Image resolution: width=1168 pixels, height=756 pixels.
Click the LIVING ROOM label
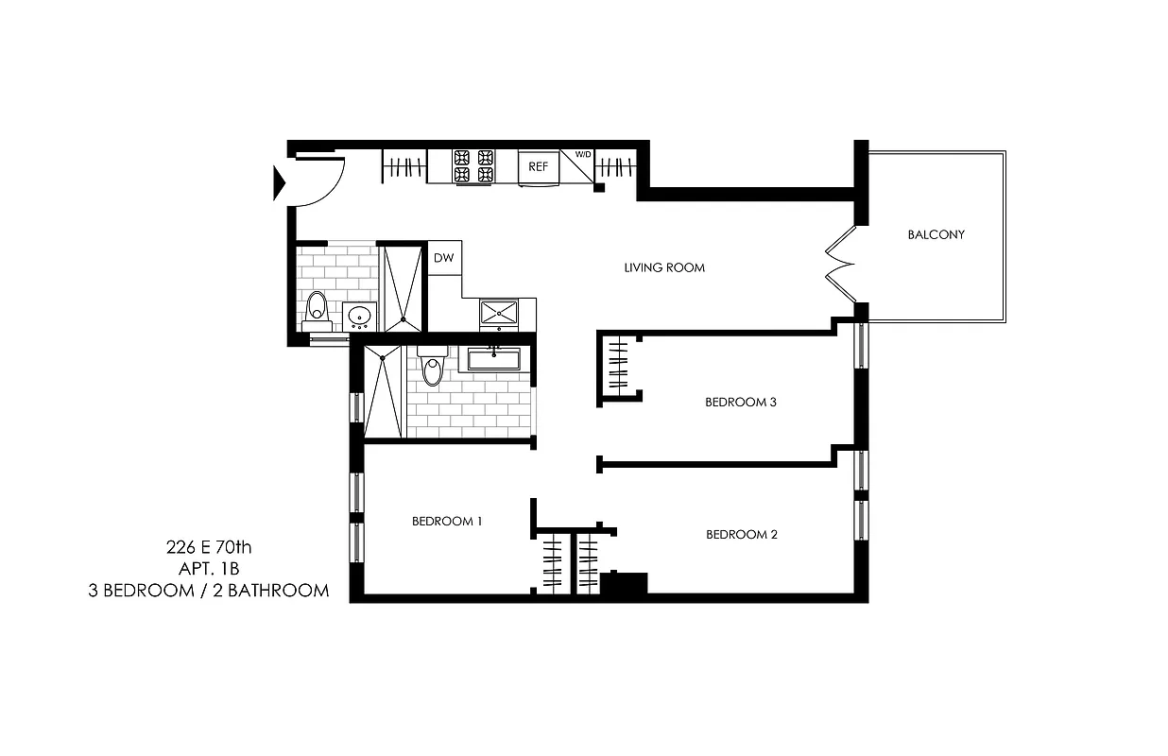(664, 267)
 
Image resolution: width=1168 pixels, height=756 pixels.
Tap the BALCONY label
(936, 234)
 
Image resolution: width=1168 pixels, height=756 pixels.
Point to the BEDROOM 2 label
(742, 534)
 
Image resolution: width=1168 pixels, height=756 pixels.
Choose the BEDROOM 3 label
(741, 402)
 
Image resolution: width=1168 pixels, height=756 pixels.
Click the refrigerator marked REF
(539, 166)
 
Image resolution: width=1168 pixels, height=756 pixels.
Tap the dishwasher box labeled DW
(443, 257)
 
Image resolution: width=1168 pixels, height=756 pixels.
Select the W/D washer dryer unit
(576, 165)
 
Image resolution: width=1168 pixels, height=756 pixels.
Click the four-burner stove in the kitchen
(473, 166)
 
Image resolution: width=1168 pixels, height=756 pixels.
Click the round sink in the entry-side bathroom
(359, 316)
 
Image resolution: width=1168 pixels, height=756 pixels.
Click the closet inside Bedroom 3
(617, 366)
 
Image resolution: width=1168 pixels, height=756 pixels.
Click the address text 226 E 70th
(208, 546)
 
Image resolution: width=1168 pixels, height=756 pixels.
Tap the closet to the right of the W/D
(619, 168)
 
